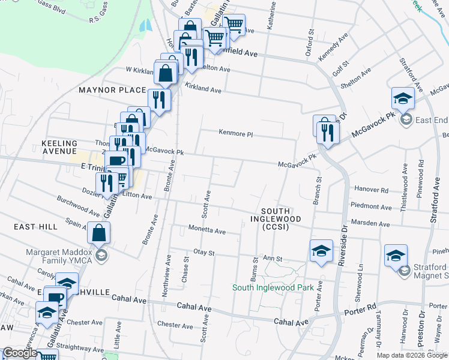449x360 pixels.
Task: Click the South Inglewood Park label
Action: tap(273, 287)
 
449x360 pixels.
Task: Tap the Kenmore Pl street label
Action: tap(235, 134)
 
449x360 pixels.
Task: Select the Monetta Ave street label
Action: tap(207, 230)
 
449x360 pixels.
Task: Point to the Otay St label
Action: tap(204, 253)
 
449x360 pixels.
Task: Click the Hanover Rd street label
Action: tap(371, 190)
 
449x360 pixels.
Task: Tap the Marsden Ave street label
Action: tap(371, 223)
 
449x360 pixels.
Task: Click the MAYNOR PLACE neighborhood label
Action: tap(112, 90)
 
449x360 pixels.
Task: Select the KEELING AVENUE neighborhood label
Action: tap(59, 148)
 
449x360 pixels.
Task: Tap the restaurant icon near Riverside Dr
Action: tap(327, 131)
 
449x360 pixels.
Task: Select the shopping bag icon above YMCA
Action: tap(99, 232)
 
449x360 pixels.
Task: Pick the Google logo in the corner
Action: tap(20, 353)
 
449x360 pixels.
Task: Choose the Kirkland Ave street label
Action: tap(203, 89)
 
